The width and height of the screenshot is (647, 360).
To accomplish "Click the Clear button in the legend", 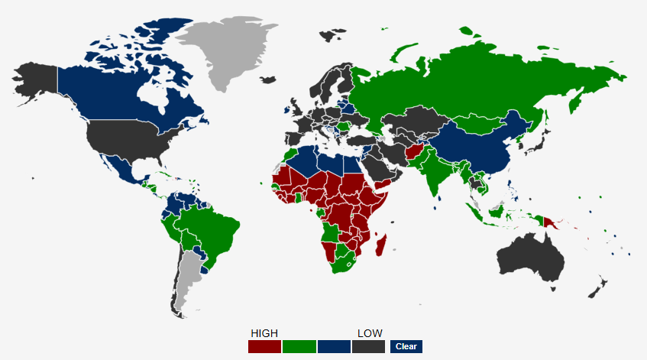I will pyautogui.click(x=406, y=346).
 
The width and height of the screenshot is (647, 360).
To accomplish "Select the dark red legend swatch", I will pyautogui.click(x=264, y=347).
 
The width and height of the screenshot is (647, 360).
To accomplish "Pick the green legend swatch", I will pyautogui.click(x=299, y=347).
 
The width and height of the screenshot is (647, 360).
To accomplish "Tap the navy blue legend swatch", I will pyautogui.click(x=334, y=347).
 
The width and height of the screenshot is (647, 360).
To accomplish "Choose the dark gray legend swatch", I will pyautogui.click(x=368, y=347).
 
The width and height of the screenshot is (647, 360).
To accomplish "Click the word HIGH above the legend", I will pyautogui.click(x=264, y=333).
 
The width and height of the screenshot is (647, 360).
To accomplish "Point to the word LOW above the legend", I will pyautogui.click(x=370, y=333).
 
